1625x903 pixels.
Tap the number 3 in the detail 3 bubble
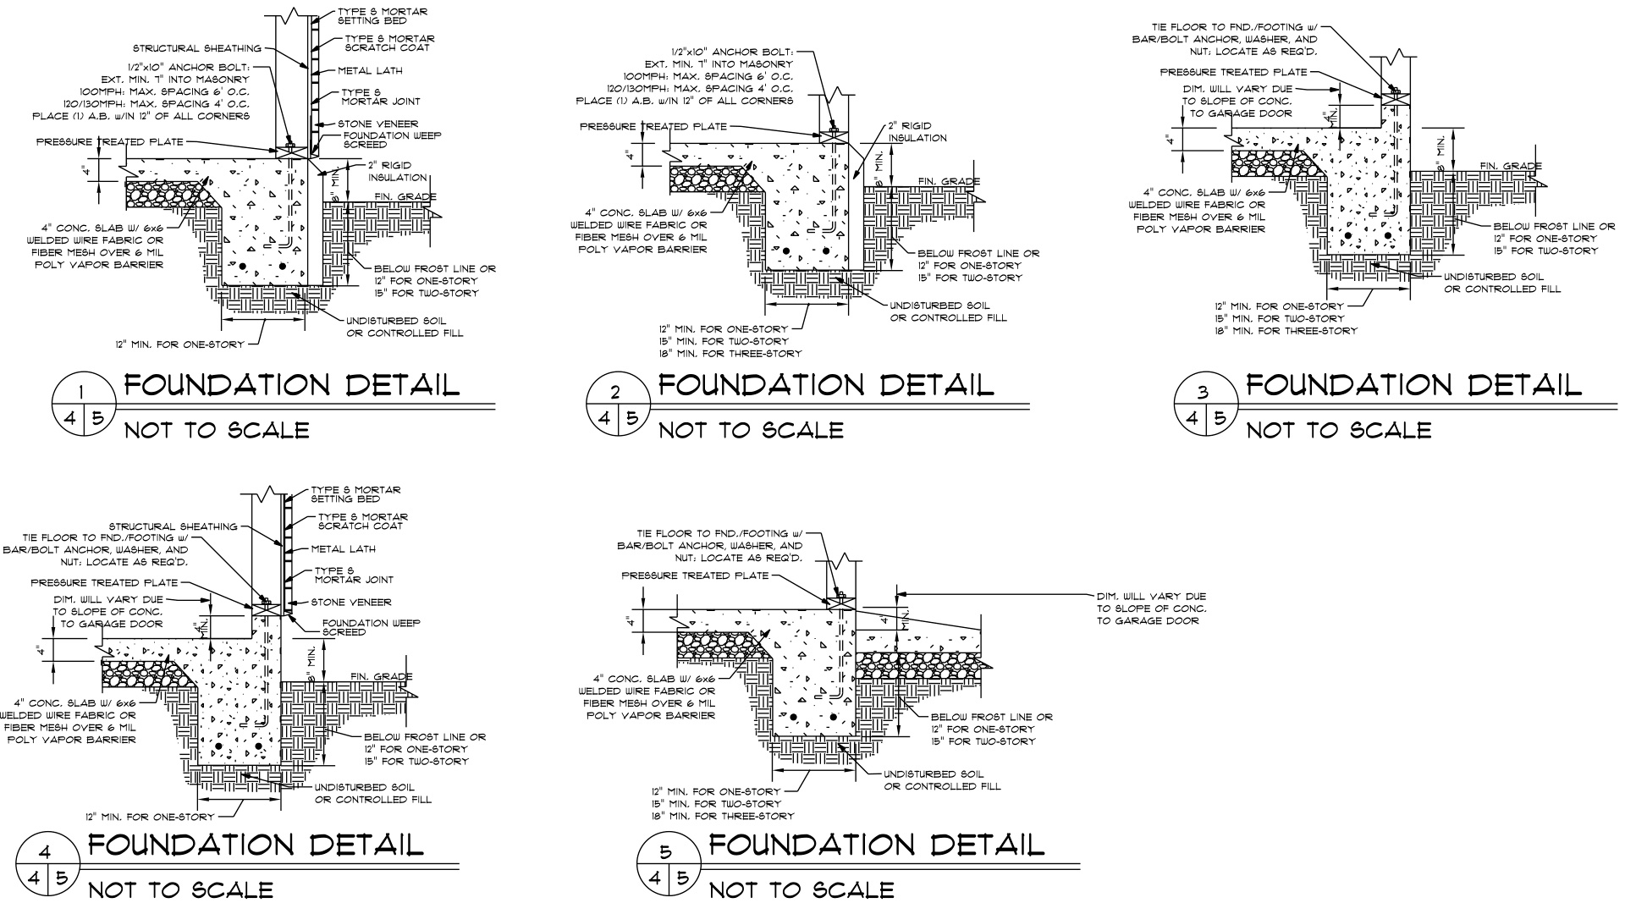click(x=1204, y=391)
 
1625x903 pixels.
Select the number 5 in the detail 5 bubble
click(x=665, y=852)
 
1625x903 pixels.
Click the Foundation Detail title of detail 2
click(x=826, y=386)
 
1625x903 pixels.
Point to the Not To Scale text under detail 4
click(x=181, y=889)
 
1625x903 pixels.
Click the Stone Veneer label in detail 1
click(x=378, y=124)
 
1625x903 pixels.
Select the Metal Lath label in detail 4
click(x=344, y=549)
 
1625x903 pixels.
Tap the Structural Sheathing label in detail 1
click(x=197, y=48)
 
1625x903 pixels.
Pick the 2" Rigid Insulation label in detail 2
click(x=917, y=132)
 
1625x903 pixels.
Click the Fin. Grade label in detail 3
click(x=1511, y=166)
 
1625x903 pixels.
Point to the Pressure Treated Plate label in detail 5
click(x=695, y=575)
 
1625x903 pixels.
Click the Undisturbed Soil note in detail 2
click(x=948, y=311)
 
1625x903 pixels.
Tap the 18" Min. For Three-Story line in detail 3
click(x=1286, y=331)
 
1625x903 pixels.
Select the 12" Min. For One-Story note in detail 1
click(x=180, y=344)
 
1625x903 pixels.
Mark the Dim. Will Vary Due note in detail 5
click(x=1151, y=608)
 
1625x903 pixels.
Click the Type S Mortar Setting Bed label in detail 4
click(x=355, y=494)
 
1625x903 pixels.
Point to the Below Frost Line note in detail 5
click(x=991, y=729)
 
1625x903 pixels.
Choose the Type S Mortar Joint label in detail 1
click(x=379, y=96)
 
